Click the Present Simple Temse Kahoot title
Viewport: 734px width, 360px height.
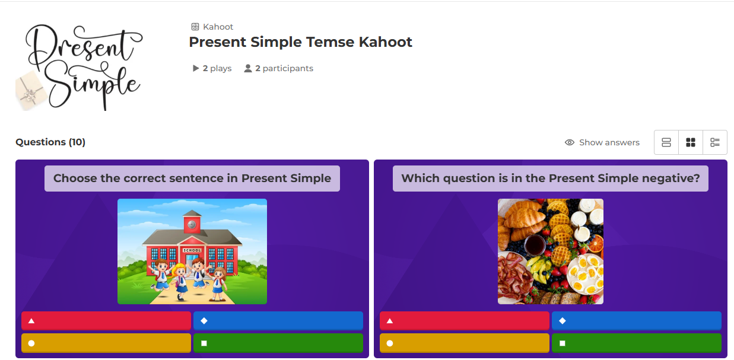point(300,42)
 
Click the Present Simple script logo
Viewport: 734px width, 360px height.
point(80,67)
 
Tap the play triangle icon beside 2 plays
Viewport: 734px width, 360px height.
point(196,68)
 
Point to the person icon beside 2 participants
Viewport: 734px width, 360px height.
point(247,68)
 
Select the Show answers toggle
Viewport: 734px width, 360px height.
point(602,142)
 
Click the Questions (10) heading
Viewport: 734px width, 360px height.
point(50,142)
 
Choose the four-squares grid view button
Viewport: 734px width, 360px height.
point(691,142)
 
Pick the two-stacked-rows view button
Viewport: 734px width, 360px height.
point(666,142)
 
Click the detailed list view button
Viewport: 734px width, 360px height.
point(715,142)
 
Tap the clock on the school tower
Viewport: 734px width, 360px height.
point(192,225)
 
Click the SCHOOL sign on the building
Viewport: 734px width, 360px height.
point(192,250)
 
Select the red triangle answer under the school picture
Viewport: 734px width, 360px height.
point(106,321)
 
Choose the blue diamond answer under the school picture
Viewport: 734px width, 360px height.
point(278,321)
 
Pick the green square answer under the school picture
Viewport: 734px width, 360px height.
point(278,343)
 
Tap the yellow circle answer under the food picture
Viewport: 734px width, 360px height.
point(465,343)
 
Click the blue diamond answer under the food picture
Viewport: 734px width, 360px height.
point(636,321)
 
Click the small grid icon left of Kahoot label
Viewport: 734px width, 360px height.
point(195,27)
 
